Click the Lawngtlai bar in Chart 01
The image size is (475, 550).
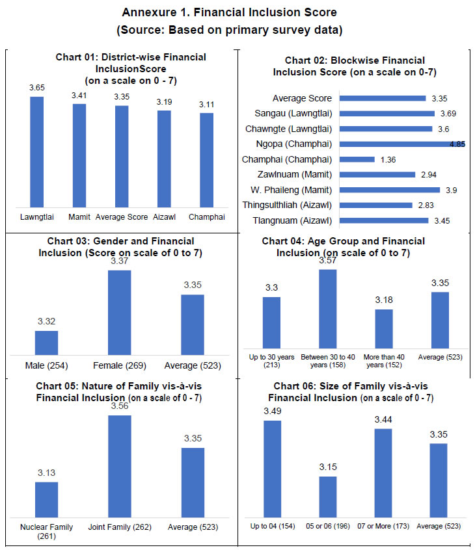(36, 151)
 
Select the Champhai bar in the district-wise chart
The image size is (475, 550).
(206, 159)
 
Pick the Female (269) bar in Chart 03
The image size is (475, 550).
(119, 312)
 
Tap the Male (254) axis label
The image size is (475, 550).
(46, 365)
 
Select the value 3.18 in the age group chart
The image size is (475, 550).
(384, 301)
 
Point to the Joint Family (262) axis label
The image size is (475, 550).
(119, 527)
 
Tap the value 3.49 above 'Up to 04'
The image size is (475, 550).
(272, 412)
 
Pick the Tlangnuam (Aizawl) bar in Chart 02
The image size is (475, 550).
(383, 220)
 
